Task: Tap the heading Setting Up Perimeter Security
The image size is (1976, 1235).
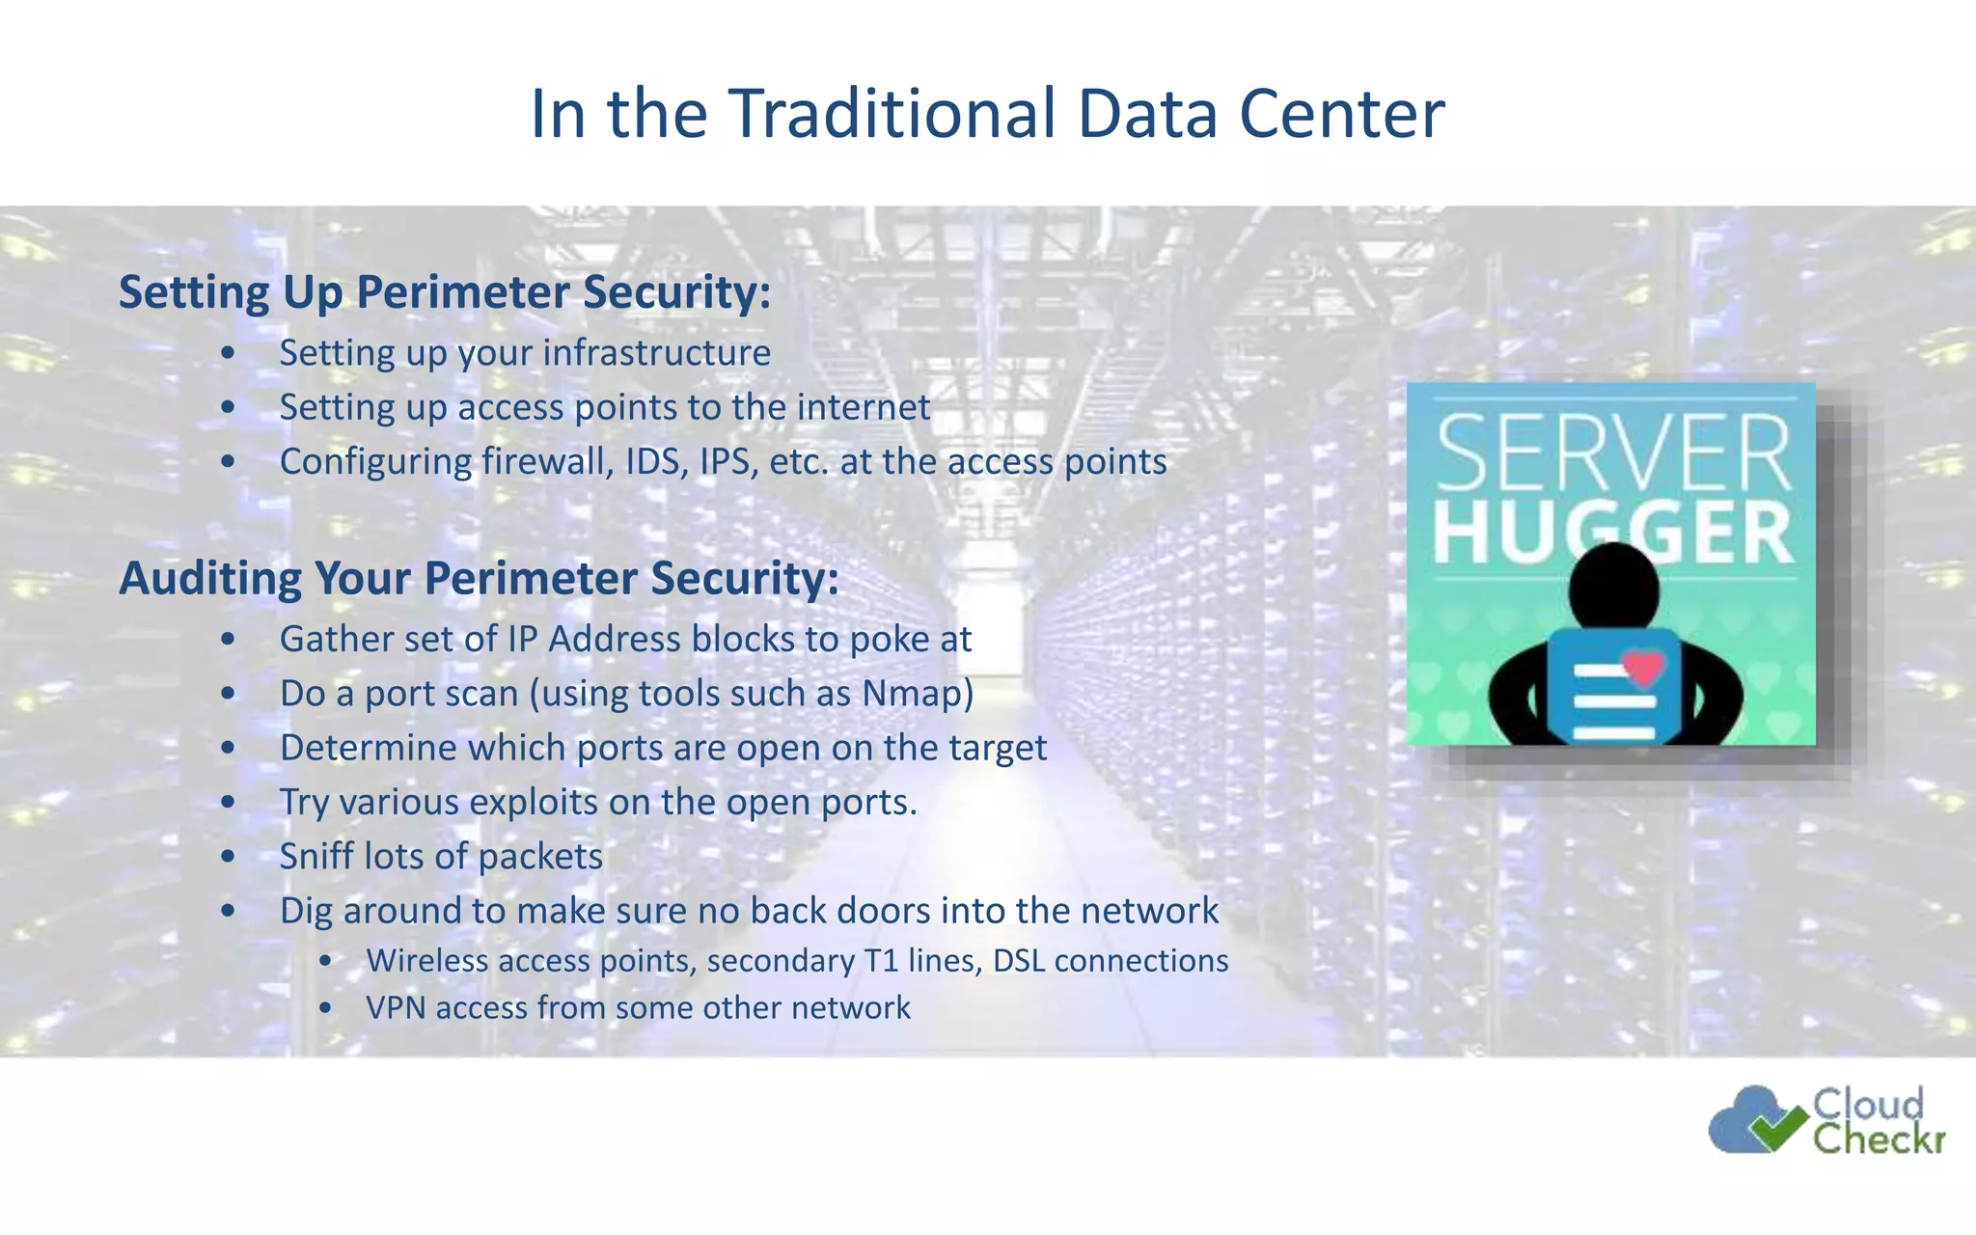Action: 445,292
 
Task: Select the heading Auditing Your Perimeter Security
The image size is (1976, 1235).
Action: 479,579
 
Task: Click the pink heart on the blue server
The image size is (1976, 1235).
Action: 1643,667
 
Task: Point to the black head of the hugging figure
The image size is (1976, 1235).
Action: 1612,585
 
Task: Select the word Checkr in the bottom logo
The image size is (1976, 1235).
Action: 1877,1139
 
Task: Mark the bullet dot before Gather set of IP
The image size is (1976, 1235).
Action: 228,640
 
